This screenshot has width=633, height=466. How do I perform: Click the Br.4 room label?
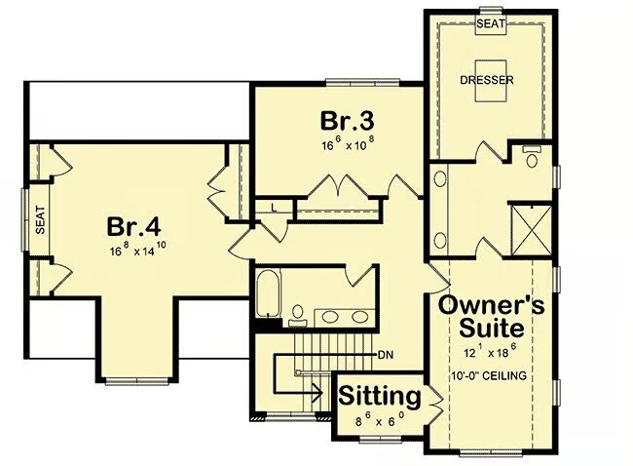[133, 227]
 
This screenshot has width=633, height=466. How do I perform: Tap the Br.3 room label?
[348, 121]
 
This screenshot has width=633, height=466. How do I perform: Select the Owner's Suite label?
[491, 317]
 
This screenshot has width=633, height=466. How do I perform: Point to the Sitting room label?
[380, 396]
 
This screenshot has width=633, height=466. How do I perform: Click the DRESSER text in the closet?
[487, 80]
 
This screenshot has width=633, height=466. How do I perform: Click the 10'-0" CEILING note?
[489, 376]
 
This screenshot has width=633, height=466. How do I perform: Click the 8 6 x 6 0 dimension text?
[380, 420]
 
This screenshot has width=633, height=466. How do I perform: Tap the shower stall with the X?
[532, 230]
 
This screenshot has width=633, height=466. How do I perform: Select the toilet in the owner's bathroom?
[532, 157]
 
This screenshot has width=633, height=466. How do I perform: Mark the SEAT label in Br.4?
[40, 220]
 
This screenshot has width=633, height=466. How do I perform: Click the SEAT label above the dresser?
[491, 23]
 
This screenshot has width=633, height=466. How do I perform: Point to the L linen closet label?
[274, 209]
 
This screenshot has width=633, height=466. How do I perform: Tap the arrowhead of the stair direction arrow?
[316, 392]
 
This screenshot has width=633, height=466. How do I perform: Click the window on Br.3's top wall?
[362, 83]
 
